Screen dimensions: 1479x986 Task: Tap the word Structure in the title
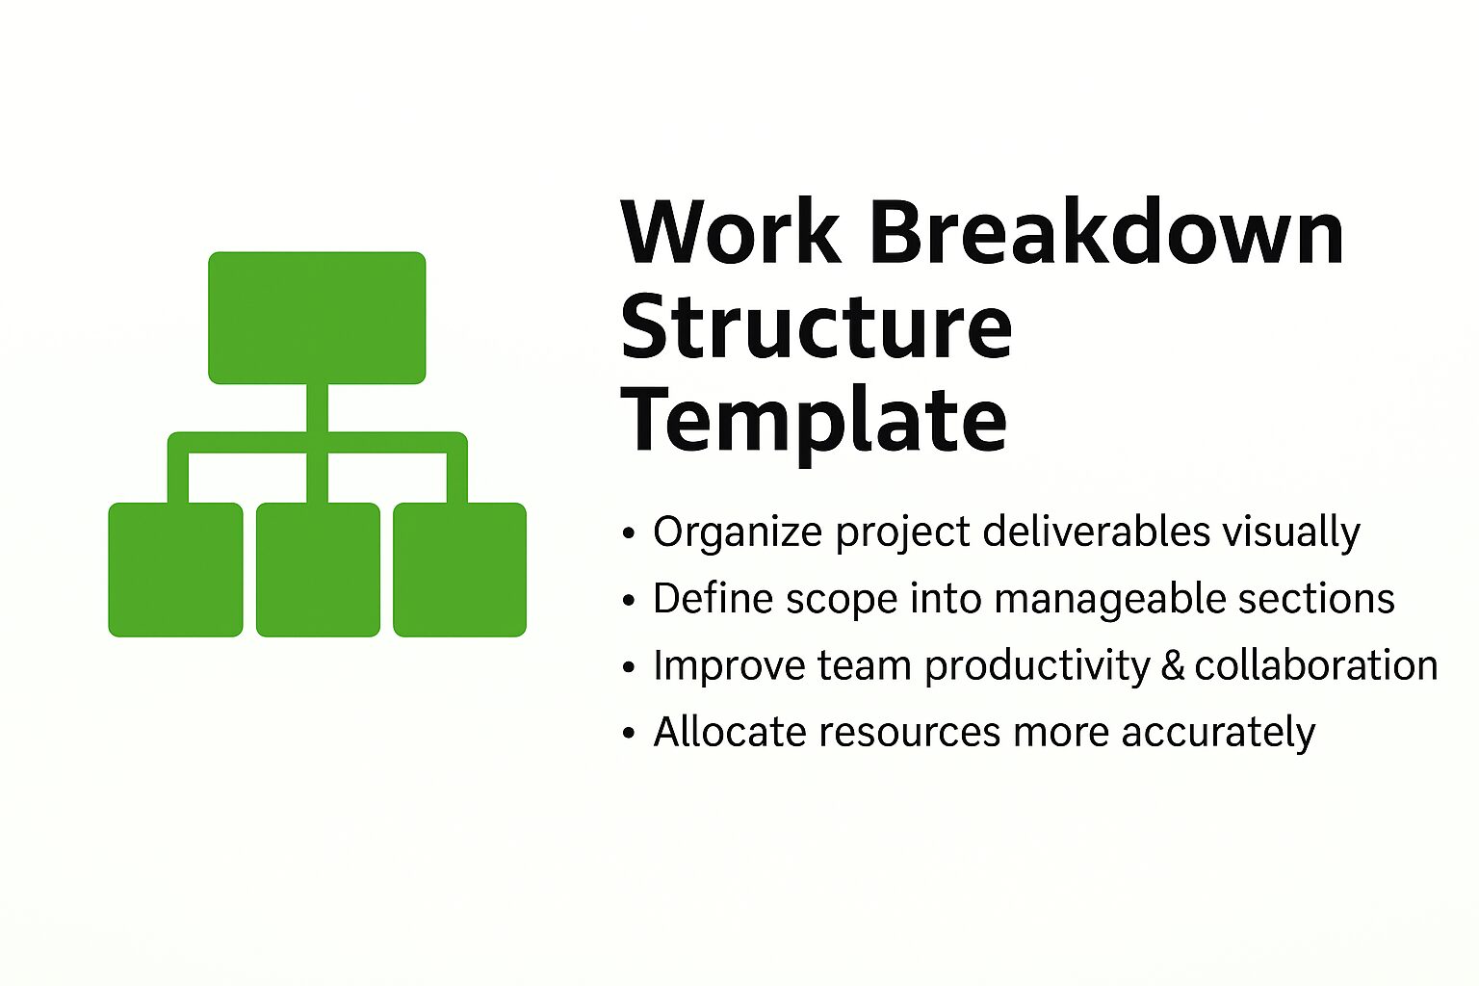[x=816, y=326]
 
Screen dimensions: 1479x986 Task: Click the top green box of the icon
[x=317, y=318]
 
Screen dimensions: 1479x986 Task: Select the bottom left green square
[x=175, y=569]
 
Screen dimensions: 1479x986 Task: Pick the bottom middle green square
[x=318, y=569]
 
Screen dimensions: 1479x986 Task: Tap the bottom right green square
[x=459, y=569]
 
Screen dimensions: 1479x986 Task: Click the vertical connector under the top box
[x=317, y=408]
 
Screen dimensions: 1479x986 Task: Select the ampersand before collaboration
[x=1172, y=666]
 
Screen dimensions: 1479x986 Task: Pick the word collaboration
[x=1315, y=665]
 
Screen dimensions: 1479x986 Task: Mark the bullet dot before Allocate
[x=629, y=734]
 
